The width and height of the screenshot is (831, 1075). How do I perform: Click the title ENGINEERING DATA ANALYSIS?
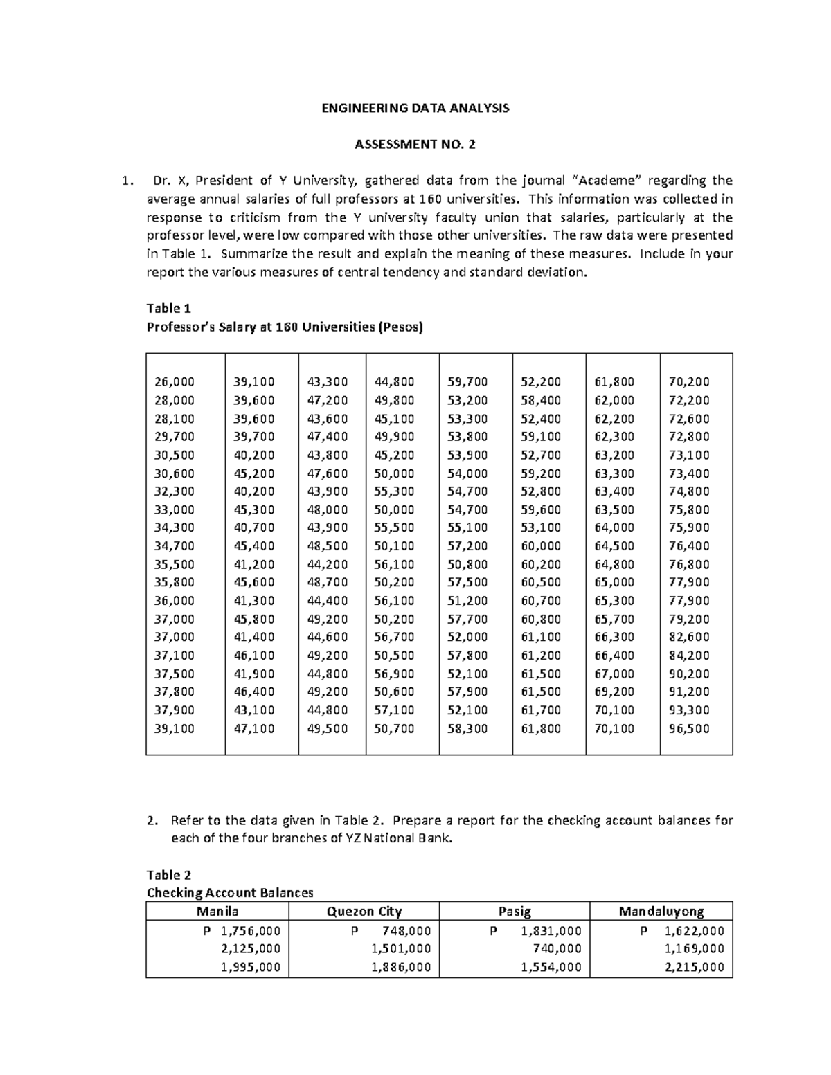(x=415, y=108)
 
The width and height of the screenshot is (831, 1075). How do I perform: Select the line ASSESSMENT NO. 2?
(x=415, y=145)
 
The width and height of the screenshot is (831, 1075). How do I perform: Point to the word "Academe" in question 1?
(x=610, y=181)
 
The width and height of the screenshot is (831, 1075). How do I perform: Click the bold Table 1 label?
(x=168, y=309)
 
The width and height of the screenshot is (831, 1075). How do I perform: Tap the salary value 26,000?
(x=175, y=382)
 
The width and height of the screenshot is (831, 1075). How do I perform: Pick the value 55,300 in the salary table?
(x=394, y=491)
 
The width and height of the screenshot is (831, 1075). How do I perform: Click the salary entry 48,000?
(x=328, y=510)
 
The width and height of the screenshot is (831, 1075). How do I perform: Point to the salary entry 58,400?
(x=541, y=400)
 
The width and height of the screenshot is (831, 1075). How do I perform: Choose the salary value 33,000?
(x=175, y=510)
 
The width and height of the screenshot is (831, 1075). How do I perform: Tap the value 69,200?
(x=614, y=692)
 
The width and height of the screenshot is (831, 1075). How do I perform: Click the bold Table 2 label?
(x=168, y=875)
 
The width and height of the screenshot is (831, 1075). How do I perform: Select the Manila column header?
(x=217, y=912)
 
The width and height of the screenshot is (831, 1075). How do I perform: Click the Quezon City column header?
(x=364, y=912)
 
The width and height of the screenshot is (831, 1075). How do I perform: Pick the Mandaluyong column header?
(x=661, y=912)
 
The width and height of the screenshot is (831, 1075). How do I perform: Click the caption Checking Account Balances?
(x=230, y=893)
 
